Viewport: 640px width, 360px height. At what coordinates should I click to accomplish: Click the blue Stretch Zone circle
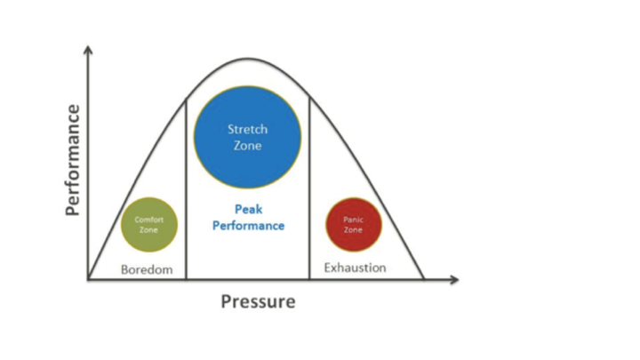point(247,136)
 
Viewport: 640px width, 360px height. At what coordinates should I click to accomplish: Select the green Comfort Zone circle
point(148,224)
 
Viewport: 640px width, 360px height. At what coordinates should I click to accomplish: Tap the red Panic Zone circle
point(353,224)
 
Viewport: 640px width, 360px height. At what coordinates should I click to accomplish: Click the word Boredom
point(146,269)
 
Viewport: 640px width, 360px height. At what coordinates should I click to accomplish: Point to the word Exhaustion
point(355,267)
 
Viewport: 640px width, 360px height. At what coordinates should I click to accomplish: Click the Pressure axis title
point(258,301)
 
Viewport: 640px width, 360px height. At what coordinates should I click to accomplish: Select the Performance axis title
point(74,161)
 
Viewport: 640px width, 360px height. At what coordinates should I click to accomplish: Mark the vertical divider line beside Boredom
point(186,191)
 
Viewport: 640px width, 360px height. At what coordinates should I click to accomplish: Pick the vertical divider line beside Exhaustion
point(309,191)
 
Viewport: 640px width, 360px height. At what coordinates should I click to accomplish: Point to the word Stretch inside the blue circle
point(247,129)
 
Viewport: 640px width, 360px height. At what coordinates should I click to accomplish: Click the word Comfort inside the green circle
point(148,220)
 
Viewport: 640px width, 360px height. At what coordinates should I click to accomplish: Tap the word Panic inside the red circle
point(353,220)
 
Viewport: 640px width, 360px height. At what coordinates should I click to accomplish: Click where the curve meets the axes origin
point(88,279)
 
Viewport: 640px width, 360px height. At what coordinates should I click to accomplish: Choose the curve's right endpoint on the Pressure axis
point(424,279)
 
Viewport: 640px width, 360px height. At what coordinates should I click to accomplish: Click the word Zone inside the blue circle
point(247,146)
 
